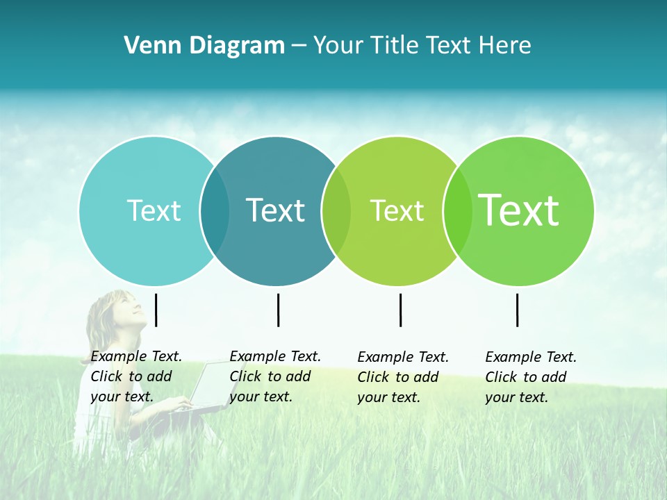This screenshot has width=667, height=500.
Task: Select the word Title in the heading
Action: [394, 46]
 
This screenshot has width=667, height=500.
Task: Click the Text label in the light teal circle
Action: [154, 210]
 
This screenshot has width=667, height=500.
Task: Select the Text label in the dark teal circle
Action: [276, 210]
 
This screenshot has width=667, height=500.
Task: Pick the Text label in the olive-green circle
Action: [397, 210]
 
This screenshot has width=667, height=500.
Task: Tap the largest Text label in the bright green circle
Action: [519, 210]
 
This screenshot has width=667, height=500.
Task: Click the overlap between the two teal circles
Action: [215, 210]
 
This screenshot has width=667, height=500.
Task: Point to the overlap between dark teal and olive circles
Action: [336, 210]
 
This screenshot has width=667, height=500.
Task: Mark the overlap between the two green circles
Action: [458, 210]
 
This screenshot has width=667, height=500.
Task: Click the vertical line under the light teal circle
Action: [156, 310]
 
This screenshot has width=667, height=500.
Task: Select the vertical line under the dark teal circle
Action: [278, 310]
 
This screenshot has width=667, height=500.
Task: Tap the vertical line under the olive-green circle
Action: [400, 310]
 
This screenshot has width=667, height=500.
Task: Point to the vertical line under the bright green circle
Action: [517, 310]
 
